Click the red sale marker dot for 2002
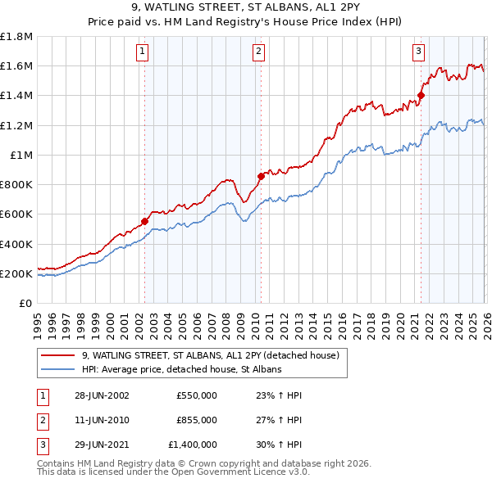click(x=144, y=221)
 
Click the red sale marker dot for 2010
click(x=260, y=175)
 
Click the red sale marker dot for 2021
click(x=421, y=95)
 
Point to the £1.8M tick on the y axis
click(x=17, y=37)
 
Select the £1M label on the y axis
click(x=21, y=155)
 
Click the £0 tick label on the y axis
click(x=26, y=303)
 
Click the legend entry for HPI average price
click(x=181, y=370)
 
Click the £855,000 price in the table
click(x=196, y=420)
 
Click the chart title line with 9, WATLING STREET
click(x=246, y=10)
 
